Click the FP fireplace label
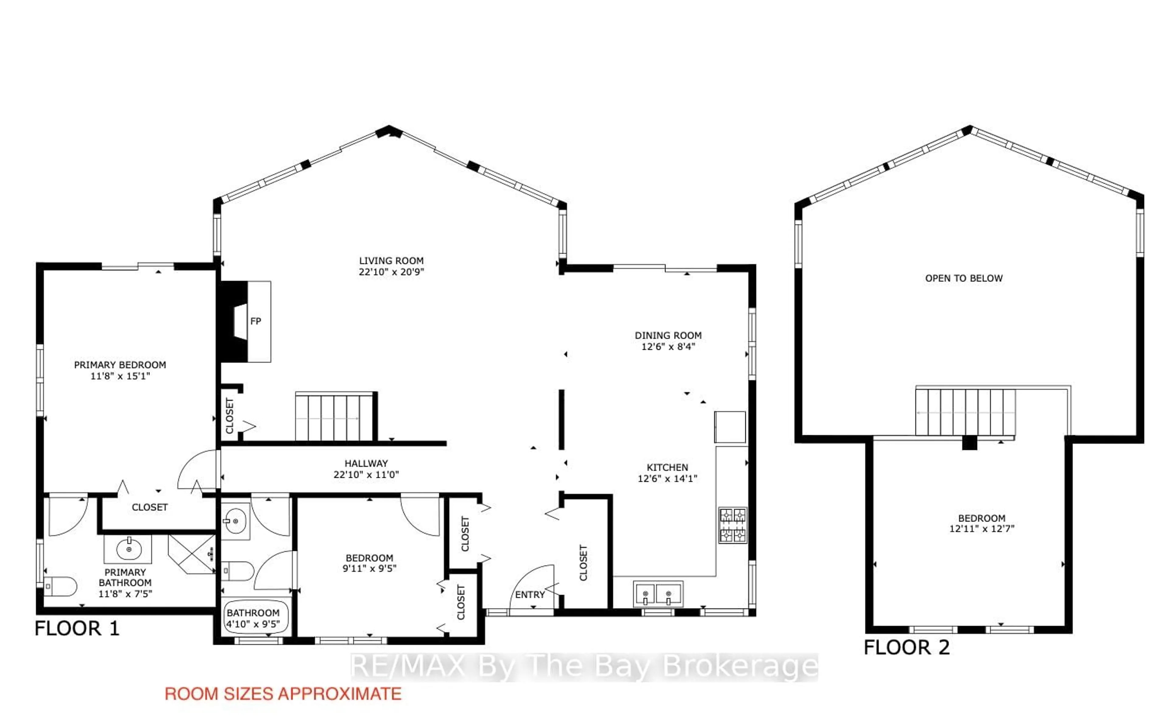pos(255,321)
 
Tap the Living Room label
pos(391,261)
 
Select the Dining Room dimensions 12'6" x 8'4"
pos(668,347)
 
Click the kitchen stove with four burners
pos(732,525)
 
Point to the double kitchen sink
pos(658,594)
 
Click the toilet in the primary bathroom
pos(60,586)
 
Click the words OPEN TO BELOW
pos(964,278)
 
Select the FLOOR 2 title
pos(906,647)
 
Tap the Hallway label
pos(366,463)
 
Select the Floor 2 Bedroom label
pos(981,518)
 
